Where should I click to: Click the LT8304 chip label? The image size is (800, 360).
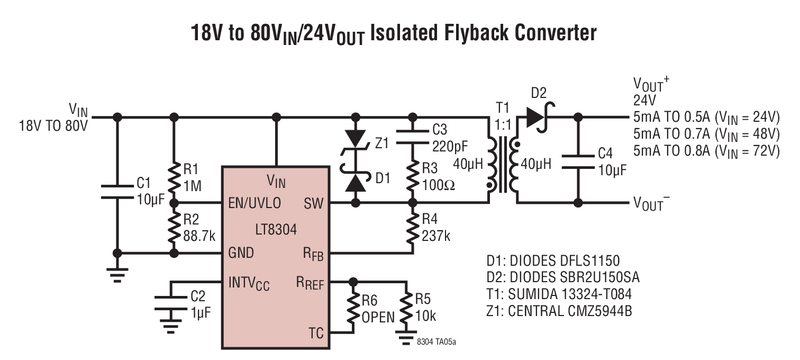click(x=276, y=230)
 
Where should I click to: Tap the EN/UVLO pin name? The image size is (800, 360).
click(x=254, y=203)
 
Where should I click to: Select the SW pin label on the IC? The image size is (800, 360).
click(x=314, y=203)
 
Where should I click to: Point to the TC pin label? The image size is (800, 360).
click(x=316, y=333)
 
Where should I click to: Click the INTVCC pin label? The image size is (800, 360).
click(x=249, y=283)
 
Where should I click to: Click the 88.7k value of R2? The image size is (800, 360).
click(x=199, y=236)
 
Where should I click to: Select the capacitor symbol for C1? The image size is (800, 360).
click(x=117, y=192)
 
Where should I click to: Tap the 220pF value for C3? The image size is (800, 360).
click(x=450, y=146)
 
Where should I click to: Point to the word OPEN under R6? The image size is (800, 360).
click(x=378, y=317)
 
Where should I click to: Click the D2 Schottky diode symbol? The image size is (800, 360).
click(x=539, y=117)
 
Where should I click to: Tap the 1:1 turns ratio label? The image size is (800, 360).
click(x=503, y=125)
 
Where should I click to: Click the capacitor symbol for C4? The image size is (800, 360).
click(x=578, y=162)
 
